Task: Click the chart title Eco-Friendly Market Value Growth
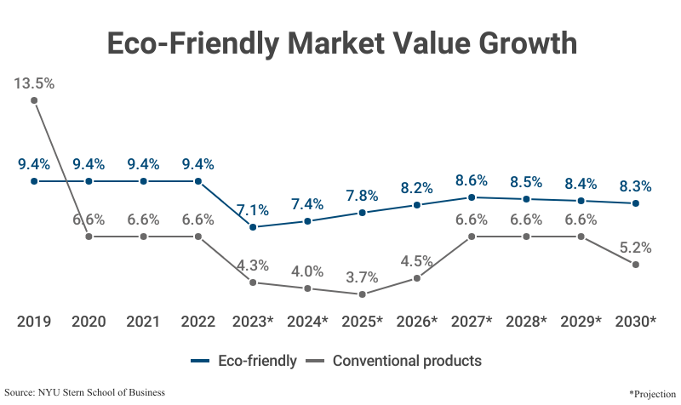coord(340,43)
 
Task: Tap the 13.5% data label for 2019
coord(34,83)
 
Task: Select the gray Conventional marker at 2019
coord(34,100)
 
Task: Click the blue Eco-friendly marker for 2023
coord(253,227)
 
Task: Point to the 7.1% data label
coord(253,210)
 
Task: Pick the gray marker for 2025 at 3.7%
coord(362,294)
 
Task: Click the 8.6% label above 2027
coord(472,180)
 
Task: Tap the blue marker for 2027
coord(472,197)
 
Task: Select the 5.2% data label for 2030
coord(635,248)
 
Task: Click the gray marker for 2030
coord(635,265)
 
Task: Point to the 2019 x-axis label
coord(34,322)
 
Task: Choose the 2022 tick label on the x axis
coord(197,322)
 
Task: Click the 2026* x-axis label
coord(417,322)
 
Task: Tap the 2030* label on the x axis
coord(635,322)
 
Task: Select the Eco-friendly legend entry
coord(243,361)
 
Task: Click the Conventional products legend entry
coord(396,361)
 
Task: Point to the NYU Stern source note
coord(85,392)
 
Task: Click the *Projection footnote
coord(651,394)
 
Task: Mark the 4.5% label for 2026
coord(417,261)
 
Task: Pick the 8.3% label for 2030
coord(635,186)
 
